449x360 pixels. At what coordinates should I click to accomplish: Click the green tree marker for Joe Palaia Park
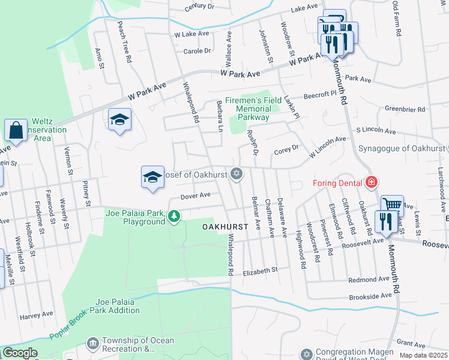coord(174,215)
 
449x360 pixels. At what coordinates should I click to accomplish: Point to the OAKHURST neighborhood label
coord(225,227)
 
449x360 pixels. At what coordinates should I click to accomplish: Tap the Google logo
coord(20,353)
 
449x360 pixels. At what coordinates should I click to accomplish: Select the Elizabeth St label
coord(261,272)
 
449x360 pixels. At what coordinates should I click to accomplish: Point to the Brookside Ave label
coord(371,297)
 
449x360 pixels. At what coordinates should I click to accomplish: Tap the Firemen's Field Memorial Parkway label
coord(253,109)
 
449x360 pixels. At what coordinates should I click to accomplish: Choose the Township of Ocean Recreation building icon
coord(93,343)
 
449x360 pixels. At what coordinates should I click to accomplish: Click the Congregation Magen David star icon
coord(307,354)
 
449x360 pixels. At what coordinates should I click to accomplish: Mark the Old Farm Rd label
coord(396,19)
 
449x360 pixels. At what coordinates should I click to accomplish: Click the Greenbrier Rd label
coord(405,110)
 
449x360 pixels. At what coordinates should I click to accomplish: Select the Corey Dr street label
coord(286,149)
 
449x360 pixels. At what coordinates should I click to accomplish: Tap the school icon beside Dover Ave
coord(152,176)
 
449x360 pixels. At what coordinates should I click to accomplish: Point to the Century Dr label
coord(200,7)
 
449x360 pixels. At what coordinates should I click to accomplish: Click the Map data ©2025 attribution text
coord(423,355)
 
